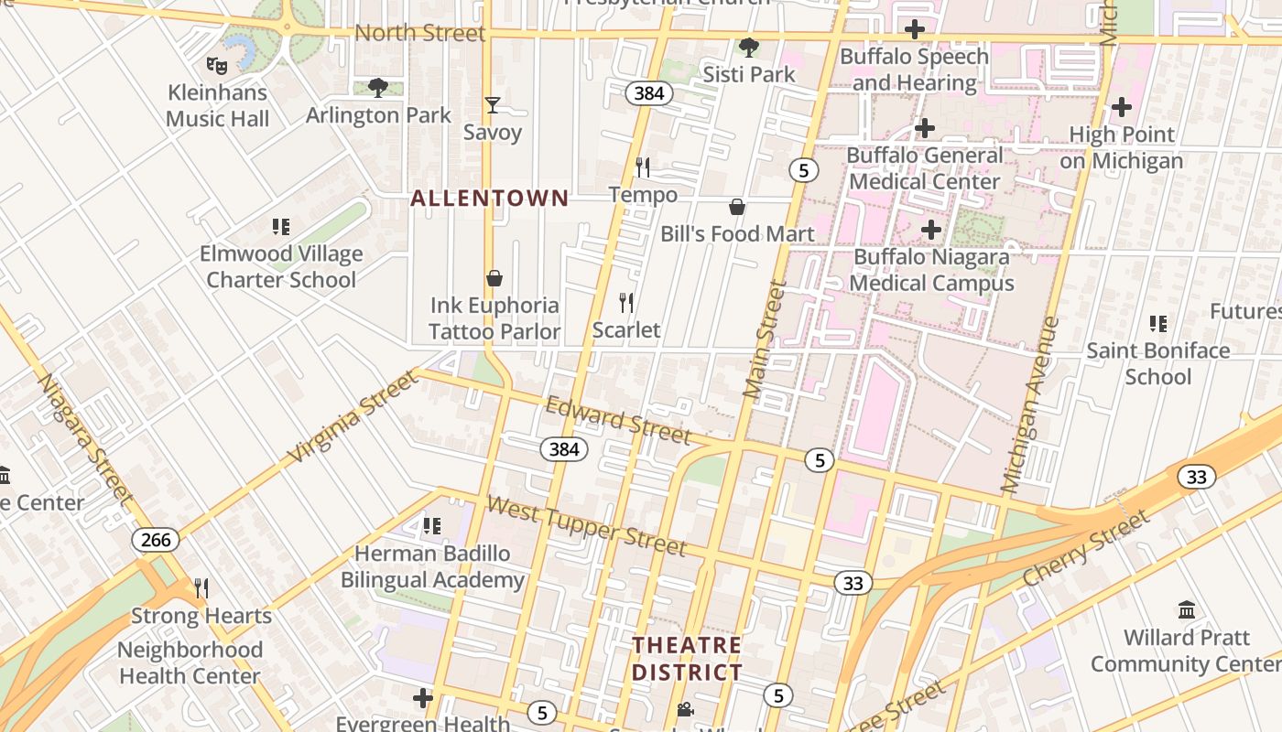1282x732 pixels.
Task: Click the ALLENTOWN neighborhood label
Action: pyautogui.click(x=489, y=198)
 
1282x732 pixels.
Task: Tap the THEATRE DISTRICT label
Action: pyautogui.click(x=687, y=659)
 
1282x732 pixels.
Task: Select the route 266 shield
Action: pyautogui.click(x=156, y=540)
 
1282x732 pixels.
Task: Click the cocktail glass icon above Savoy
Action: pyautogui.click(x=493, y=105)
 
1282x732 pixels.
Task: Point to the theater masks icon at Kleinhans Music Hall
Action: pyautogui.click(x=217, y=65)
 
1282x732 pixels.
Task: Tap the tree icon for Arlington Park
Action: pyautogui.click(x=377, y=88)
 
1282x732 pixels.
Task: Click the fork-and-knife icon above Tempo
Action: pyautogui.click(x=643, y=167)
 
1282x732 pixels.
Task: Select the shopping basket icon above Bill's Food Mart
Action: pyautogui.click(x=737, y=207)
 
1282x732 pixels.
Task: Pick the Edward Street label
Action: pyautogui.click(x=617, y=420)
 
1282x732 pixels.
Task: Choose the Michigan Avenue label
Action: pyautogui.click(x=1031, y=404)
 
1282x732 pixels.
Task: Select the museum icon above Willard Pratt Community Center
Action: pyautogui.click(x=1187, y=609)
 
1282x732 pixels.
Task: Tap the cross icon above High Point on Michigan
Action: pyautogui.click(x=1122, y=107)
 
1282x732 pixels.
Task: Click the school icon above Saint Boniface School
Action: pyautogui.click(x=1158, y=323)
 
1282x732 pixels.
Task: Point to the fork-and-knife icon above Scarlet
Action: pyautogui.click(x=626, y=302)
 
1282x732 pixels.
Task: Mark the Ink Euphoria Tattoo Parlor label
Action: pyautogui.click(x=494, y=318)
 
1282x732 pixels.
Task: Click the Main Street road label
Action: pyautogui.click(x=766, y=339)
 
